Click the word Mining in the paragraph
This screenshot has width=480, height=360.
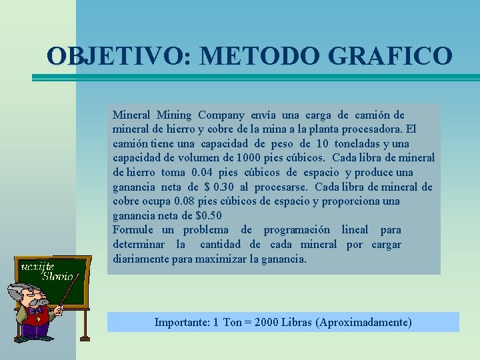tap(174, 115)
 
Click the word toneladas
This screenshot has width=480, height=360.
tap(361, 144)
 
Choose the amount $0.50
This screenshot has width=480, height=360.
tap(209, 216)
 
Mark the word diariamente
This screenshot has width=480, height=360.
tap(140, 259)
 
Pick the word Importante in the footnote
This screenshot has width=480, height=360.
tap(181, 323)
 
